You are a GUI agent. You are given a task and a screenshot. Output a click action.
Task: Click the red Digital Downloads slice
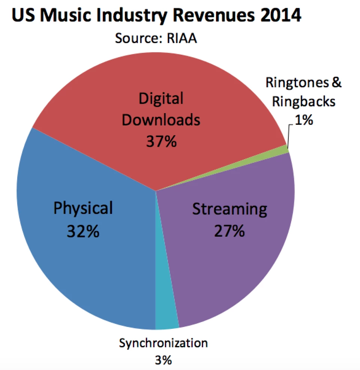click(112, 94)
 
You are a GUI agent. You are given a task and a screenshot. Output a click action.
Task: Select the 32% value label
click(83, 231)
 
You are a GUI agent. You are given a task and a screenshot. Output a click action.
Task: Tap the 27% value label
click(229, 231)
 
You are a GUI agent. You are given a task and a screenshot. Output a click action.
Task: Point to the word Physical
click(83, 208)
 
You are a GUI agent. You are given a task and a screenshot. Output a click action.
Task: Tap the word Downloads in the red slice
click(161, 120)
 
